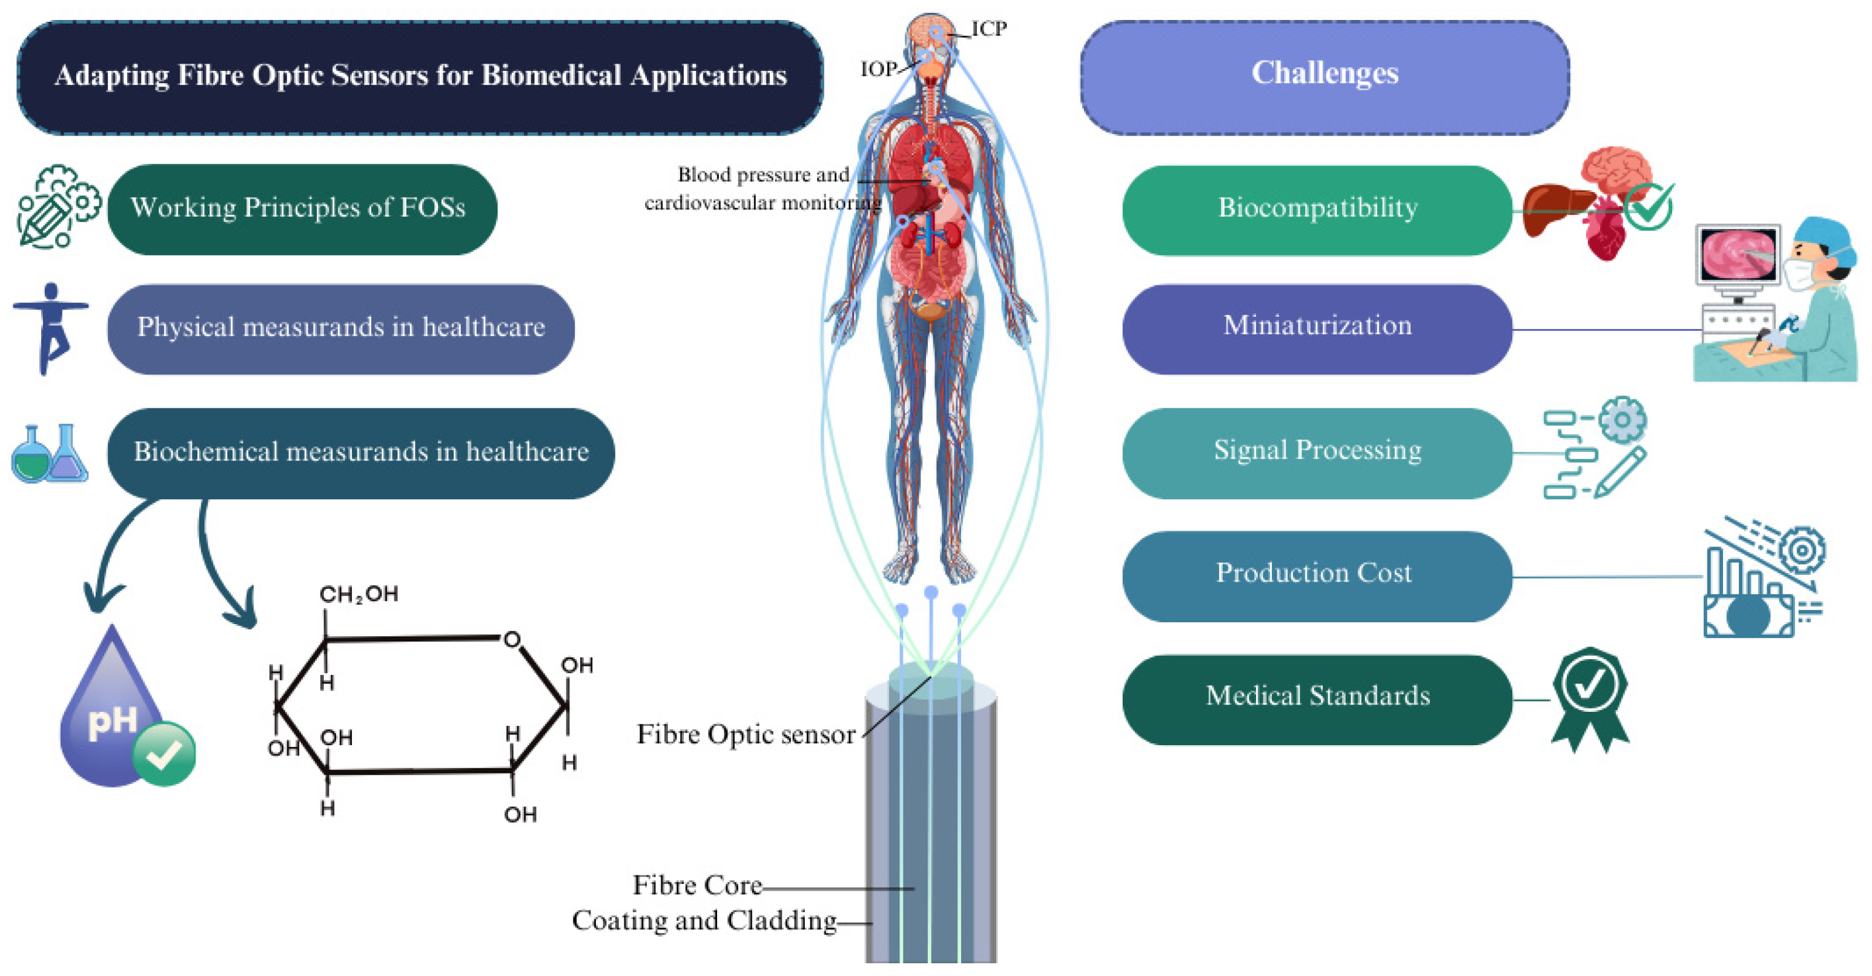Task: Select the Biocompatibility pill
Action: pyautogui.click(x=1317, y=209)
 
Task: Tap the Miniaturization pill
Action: pyautogui.click(x=1317, y=328)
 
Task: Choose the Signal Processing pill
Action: pyautogui.click(x=1317, y=452)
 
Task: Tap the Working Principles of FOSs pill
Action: pyautogui.click(x=302, y=209)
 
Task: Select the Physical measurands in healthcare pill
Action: pyautogui.click(x=340, y=328)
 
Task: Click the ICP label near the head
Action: pyautogui.click(x=989, y=29)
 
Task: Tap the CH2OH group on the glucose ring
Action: pyautogui.click(x=359, y=594)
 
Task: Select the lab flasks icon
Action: pyautogui.click(x=50, y=454)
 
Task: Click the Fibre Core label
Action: pyautogui.click(x=697, y=885)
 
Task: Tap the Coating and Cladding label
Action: pyautogui.click(x=704, y=920)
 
